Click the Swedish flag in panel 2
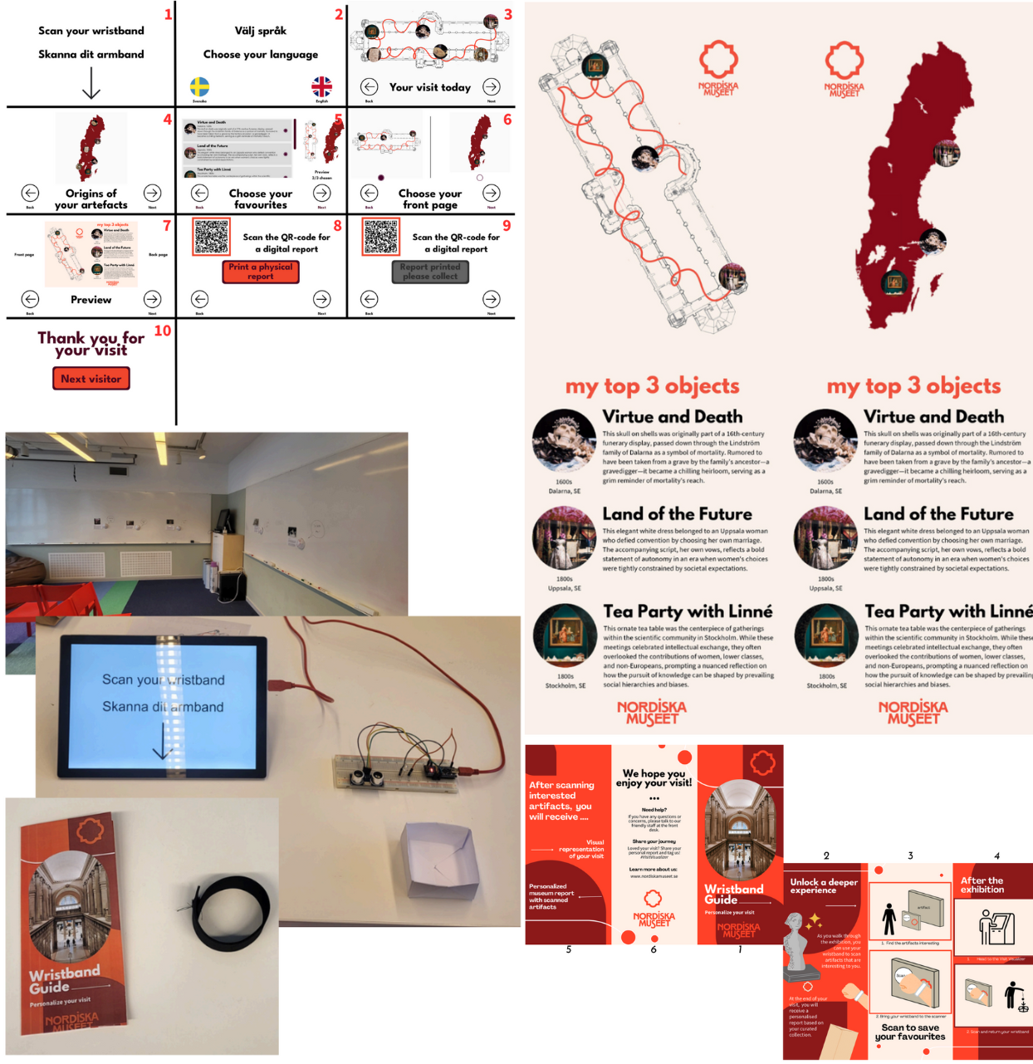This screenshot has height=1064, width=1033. (199, 86)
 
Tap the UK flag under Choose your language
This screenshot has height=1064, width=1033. (321, 86)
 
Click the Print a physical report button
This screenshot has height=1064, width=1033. (260, 272)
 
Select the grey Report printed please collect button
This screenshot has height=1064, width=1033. (430, 272)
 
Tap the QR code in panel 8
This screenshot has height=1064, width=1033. (211, 237)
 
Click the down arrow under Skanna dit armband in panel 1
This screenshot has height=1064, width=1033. (91, 82)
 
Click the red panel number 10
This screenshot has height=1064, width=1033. (162, 331)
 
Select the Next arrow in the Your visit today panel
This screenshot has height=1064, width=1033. (492, 86)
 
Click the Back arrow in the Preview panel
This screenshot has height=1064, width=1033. (31, 299)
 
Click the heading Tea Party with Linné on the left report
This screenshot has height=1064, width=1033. (688, 611)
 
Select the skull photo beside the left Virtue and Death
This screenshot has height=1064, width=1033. (564, 441)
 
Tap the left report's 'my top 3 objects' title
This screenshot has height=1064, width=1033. (652, 386)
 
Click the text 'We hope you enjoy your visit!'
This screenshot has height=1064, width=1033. (654, 777)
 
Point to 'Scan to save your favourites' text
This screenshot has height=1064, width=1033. (910, 1032)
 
